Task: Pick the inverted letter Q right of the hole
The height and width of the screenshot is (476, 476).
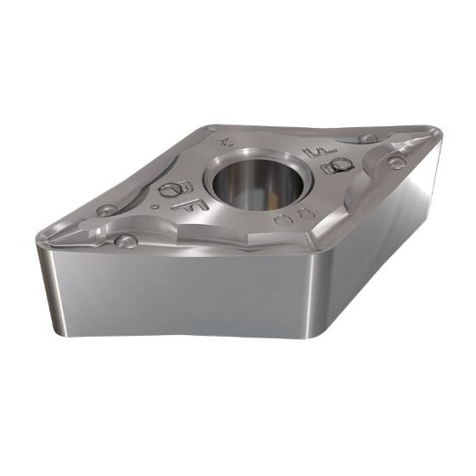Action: [332, 166]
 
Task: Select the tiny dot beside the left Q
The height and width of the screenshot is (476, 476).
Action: [153, 207]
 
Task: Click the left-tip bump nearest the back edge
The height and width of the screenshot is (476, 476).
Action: [106, 209]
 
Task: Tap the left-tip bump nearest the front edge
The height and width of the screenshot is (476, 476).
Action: [126, 241]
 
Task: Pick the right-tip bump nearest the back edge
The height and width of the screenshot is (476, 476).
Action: [368, 138]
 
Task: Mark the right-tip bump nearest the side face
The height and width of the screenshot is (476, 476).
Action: [396, 163]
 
